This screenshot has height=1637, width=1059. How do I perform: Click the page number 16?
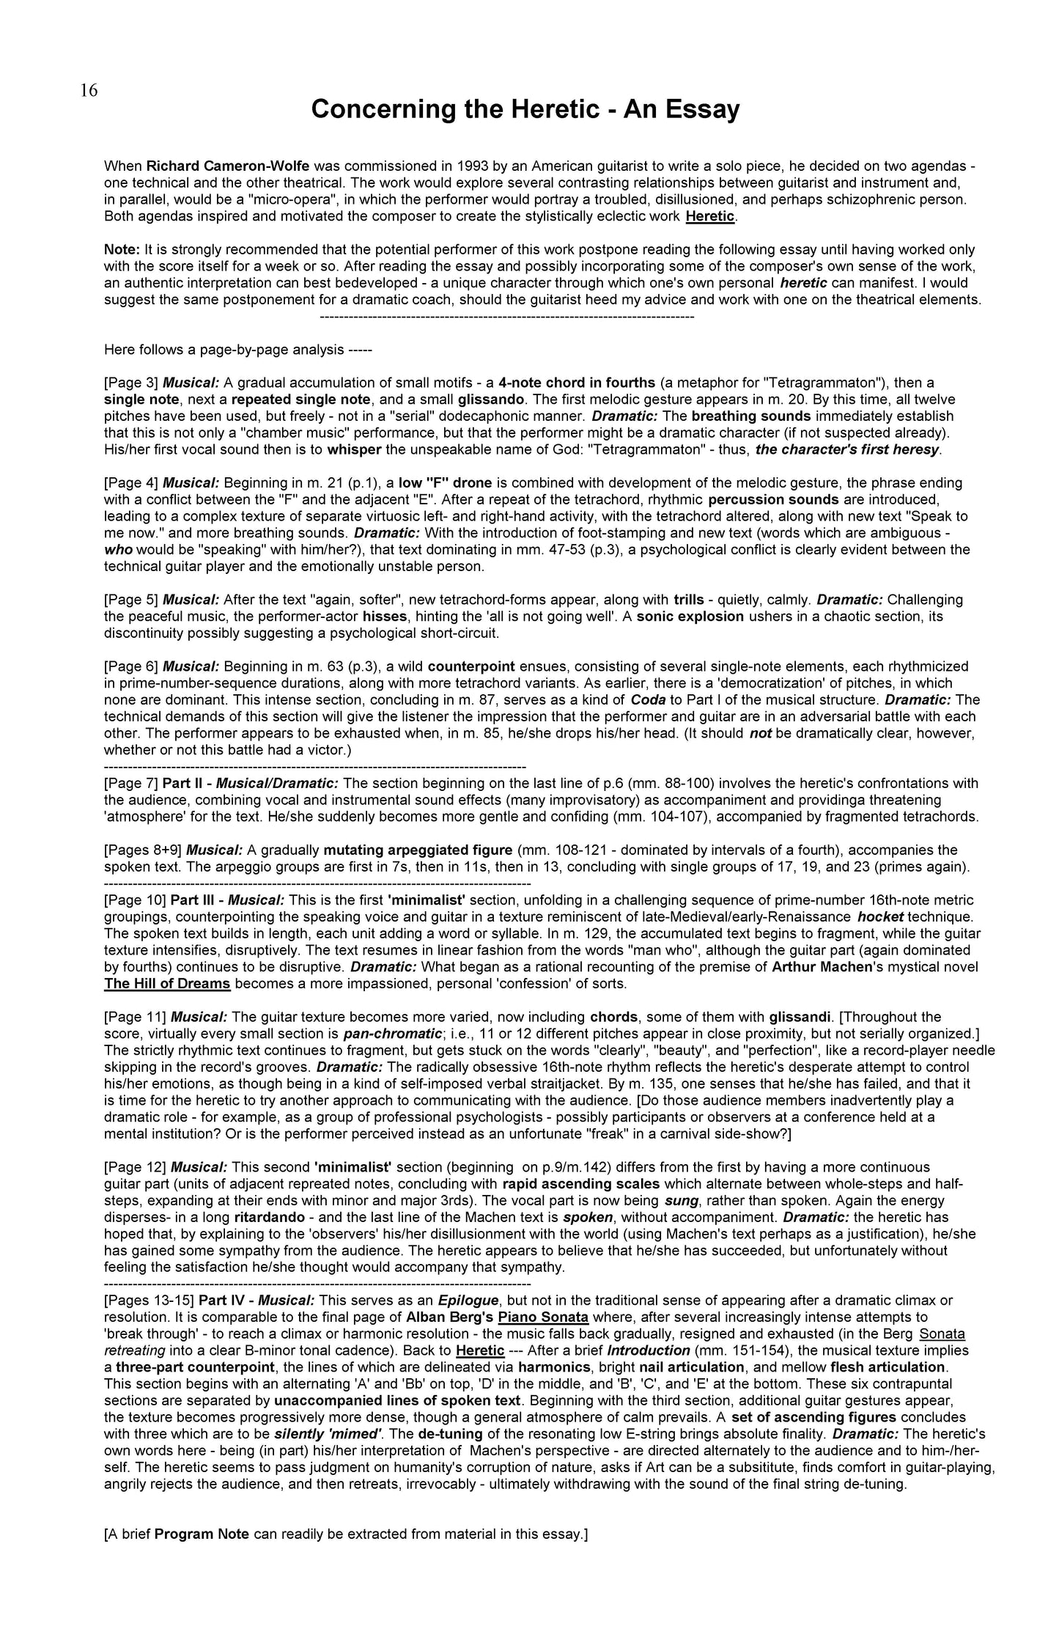pos(88,90)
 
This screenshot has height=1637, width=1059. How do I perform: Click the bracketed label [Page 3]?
pos(131,383)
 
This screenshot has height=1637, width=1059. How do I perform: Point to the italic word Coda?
pos(648,700)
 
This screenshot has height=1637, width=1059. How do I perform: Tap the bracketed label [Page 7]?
pos(131,784)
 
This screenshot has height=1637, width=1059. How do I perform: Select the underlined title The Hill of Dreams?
pos(167,984)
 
